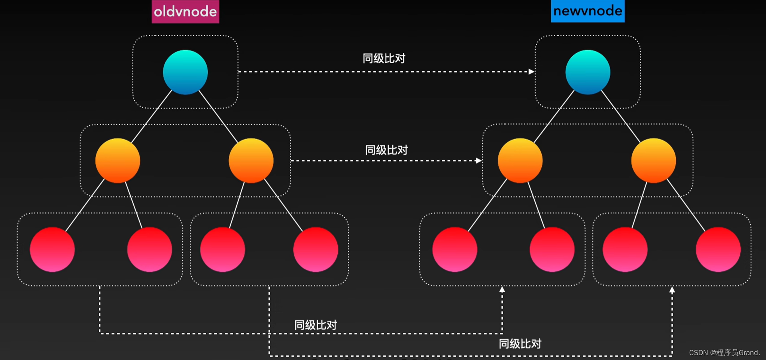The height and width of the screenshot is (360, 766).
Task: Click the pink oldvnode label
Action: [x=185, y=12]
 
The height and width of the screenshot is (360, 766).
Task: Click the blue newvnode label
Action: [x=587, y=11]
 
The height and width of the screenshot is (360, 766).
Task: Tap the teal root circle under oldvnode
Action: [x=185, y=72]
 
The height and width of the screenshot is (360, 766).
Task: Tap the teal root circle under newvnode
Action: [x=587, y=72]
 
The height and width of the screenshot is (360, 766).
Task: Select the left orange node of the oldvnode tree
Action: [x=118, y=161]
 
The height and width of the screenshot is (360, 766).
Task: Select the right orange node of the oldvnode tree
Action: [x=251, y=161]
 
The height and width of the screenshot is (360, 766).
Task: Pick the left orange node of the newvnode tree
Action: [x=520, y=161]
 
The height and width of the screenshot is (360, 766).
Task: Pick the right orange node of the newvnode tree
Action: [x=653, y=161]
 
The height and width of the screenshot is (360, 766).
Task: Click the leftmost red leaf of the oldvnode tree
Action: [x=52, y=249]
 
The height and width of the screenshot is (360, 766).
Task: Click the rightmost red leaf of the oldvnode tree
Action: [x=316, y=249]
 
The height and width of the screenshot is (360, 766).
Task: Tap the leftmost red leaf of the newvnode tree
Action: [x=455, y=249]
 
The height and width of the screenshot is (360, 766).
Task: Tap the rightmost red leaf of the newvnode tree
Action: [x=718, y=249]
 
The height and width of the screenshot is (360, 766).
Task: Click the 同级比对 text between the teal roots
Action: [x=384, y=58]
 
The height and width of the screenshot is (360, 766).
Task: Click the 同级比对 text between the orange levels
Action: [x=386, y=150]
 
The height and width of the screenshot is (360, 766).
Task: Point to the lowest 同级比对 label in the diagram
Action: [x=520, y=344]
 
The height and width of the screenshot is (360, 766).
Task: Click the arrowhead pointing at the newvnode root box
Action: [x=531, y=71]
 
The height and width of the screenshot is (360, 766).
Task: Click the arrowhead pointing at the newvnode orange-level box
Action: [x=478, y=161]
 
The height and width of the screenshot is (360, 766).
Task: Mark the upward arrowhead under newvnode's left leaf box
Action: [x=502, y=289]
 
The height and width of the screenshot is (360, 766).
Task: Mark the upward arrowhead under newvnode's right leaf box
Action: [x=672, y=290]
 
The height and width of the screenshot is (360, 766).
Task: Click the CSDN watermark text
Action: [x=724, y=353]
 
